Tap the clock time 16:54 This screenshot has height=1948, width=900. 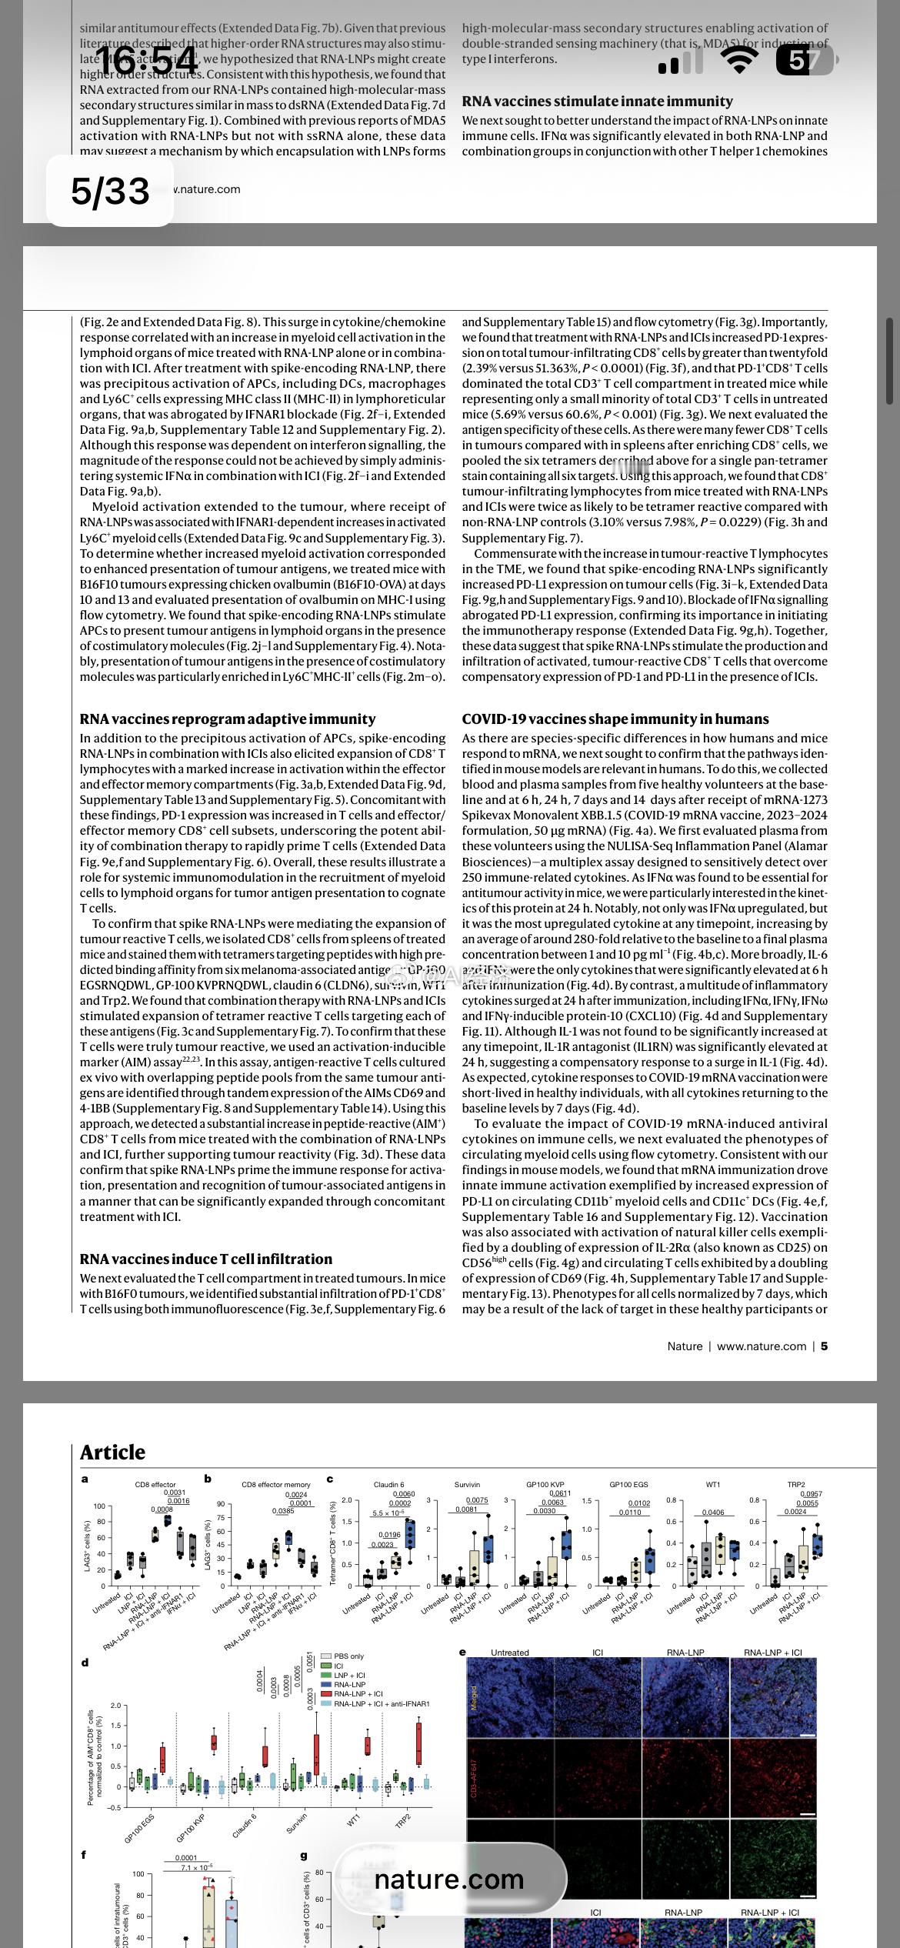coord(146,62)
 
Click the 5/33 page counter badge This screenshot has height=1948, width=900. coord(110,191)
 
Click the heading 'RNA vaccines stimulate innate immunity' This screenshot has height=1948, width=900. coord(597,102)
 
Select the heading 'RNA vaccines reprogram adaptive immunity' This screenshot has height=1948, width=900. coord(228,719)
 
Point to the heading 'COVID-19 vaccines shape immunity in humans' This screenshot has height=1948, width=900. coord(615,719)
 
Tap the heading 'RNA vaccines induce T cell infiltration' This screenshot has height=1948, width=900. coord(206,1259)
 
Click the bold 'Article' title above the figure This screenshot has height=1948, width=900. coord(112,1452)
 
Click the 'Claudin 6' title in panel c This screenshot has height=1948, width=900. coord(388,1484)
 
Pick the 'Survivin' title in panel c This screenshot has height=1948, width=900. coord(467,1484)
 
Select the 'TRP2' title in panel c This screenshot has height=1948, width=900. coord(796,1484)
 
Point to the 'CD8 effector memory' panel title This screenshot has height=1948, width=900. coord(276,1484)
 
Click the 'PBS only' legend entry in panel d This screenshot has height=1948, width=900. coord(348,1656)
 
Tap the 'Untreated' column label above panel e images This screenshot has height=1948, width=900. coord(509,1652)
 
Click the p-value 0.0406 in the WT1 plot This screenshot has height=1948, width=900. coord(713,1513)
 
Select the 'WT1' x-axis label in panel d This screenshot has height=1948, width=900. coord(353,1821)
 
